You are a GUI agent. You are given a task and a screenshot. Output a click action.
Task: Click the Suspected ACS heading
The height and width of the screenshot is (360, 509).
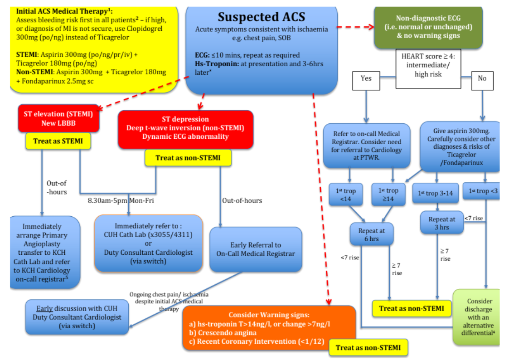pyautogui.click(x=262, y=17)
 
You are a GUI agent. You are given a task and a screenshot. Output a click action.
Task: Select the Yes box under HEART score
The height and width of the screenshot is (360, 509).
pyautogui.click(x=366, y=78)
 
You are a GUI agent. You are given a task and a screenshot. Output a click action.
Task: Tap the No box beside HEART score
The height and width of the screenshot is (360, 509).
pyautogui.click(x=482, y=78)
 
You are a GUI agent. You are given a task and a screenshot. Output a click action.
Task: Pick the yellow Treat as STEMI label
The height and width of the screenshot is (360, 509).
pyautogui.click(x=58, y=141)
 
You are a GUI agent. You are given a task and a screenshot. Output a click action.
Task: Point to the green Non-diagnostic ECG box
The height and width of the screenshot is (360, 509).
pyautogui.click(x=428, y=27)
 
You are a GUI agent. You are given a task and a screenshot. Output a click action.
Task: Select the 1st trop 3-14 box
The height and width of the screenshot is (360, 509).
pyautogui.click(x=435, y=194)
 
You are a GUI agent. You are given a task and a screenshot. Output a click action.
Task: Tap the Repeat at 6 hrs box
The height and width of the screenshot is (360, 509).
pyautogui.click(x=372, y=234)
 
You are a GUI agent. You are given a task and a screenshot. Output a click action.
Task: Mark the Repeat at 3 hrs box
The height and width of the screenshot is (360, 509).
pyautogui.click(x=441, y=223)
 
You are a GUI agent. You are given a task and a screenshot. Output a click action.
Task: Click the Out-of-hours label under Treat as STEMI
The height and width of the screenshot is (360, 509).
pyautogui.click(x=57, y=187)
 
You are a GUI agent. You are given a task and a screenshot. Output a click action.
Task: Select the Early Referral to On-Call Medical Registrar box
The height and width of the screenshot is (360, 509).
pyautogui.click(x=256, y=249)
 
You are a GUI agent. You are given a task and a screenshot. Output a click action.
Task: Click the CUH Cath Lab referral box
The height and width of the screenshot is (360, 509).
pyautogui.click(x=148, y=243)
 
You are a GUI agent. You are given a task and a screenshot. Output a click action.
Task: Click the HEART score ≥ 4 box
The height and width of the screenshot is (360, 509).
pyautogui.click(x=428, y=65)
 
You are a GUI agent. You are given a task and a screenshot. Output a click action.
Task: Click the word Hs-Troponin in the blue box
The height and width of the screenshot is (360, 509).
pyautogui.click(x=215, y=64)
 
